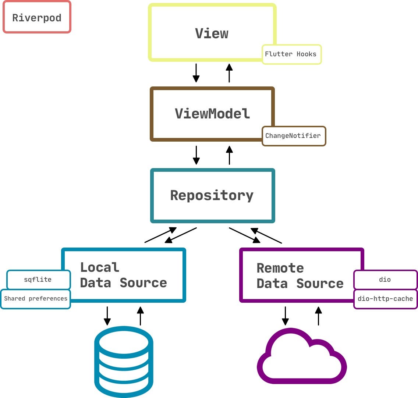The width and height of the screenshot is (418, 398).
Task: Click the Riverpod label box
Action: click(x=37, y=17)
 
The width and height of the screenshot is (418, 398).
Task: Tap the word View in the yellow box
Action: click(x=212, y=33)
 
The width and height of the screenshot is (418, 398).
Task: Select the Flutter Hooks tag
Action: click(x=291, y=54)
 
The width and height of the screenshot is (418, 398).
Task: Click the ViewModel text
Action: click(x=212, y=113)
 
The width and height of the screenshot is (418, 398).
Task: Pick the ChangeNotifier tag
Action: click(x=293, y=136)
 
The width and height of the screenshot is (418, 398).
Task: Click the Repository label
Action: click(x=212, y=195)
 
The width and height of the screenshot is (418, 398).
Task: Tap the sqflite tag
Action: click(x=38, y=280)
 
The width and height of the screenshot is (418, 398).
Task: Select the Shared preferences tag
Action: click(x=36, y=299)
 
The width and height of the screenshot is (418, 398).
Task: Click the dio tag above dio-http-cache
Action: click(x=385, y=280)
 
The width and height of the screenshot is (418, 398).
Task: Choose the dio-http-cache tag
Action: click(x=385, y=299)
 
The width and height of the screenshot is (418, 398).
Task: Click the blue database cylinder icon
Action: click(x=124, y=362)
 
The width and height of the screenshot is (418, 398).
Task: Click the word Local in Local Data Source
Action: click(x=100, y=267)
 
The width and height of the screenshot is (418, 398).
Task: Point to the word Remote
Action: click(x=280, y=268)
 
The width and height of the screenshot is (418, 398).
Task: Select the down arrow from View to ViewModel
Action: click(x=196, y=72)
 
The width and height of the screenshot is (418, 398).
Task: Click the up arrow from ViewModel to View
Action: click(x=229, y=72)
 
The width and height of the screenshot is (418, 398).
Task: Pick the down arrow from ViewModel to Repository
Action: click(x=196, y=155)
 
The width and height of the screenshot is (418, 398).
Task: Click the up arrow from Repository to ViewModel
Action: click(x=229, y=155)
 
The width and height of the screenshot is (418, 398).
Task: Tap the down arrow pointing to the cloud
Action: click(x=285, y=316)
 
